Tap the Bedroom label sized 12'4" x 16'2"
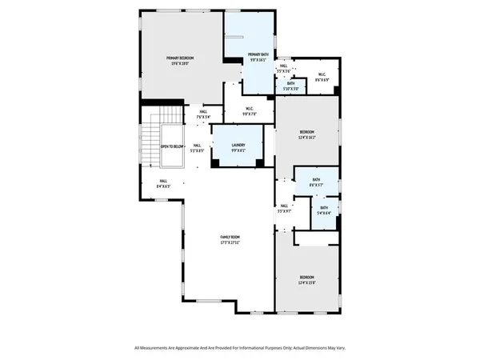307,132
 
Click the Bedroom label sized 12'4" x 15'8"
307,278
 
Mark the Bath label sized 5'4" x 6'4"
323,210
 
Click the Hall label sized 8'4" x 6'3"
163,182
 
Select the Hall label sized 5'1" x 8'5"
197,146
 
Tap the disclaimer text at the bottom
240,348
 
